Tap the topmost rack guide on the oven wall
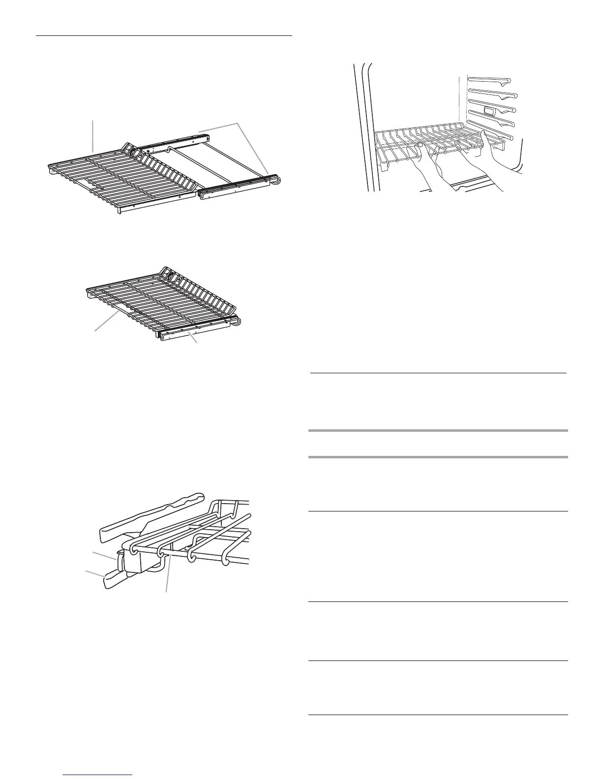[x=489, y=79]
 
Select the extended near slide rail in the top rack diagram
[x=236, y=189]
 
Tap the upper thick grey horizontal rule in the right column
[x=438, y=431]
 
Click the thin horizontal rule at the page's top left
[x=165, y=36]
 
